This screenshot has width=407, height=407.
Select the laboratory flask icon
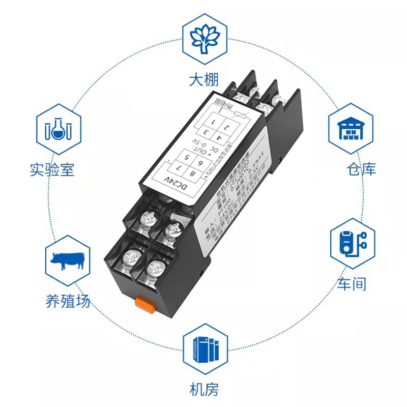[57, 129]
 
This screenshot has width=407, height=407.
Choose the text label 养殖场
[68, 301]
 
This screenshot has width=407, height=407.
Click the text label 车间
[352, 283]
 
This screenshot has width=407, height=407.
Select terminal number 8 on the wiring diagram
[192, 174]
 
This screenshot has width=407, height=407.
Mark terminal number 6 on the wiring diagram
[201, 162]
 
